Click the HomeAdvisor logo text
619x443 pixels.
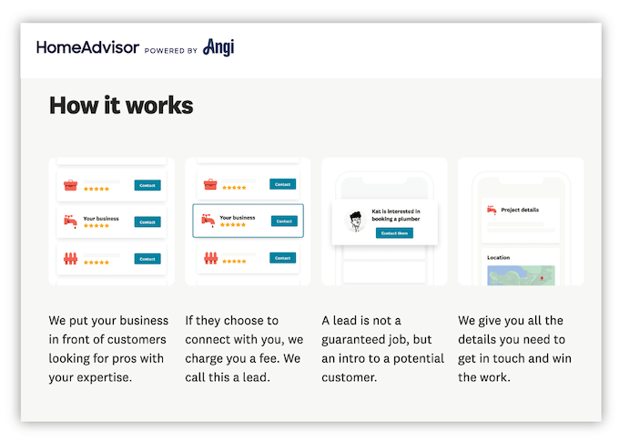tap(87, 47)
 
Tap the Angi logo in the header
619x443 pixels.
tap(218, 46)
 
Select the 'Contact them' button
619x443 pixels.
tap(394, 233)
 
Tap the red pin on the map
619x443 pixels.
tap(542, 277)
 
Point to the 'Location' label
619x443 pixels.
tap(498, 257)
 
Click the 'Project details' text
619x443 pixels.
tap(520, 210)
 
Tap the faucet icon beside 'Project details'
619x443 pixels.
tap(492, 210)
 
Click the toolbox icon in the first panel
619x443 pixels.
tap(70, 186)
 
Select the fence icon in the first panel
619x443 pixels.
tap(70, 259)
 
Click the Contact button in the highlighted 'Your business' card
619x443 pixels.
tap(284, 221)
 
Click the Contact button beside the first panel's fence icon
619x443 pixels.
tap(147, 259)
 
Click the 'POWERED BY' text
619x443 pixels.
tap(171, 51)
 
